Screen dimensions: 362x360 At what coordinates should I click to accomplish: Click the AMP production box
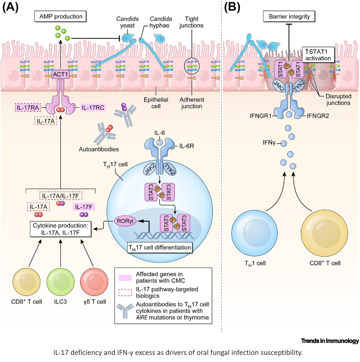click(61, 17)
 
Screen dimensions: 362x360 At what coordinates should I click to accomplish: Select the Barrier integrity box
click(289, 17)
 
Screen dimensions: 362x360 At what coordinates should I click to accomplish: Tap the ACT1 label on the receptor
click(60, 74)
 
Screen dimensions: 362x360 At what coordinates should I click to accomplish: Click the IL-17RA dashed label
click(28, 108)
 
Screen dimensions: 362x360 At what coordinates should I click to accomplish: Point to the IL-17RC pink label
click(93, 108)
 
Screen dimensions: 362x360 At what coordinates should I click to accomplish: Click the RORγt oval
click(125, 221)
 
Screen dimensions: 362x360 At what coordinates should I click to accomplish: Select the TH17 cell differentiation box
click(160, 248)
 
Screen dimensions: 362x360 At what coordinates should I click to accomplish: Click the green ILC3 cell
click(60, 282)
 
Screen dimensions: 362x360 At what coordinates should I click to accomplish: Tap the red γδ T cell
click(94, 282)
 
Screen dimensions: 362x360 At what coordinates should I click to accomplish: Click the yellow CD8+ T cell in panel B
click(324, 234)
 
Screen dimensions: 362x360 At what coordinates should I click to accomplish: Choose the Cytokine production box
click(61, 229)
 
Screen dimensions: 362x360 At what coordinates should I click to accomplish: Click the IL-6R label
click(186, 146)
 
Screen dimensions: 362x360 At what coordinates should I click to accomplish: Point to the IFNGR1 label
click(260, 116)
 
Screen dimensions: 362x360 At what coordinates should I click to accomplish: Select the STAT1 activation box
click(318, 55)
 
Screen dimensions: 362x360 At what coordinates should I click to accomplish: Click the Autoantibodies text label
click(99, 149)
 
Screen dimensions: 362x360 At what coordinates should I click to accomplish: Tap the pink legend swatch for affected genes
click(125, 277)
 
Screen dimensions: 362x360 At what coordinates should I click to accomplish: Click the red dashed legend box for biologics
click(125, 293)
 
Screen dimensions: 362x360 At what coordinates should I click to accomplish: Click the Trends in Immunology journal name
click(330, 341)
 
